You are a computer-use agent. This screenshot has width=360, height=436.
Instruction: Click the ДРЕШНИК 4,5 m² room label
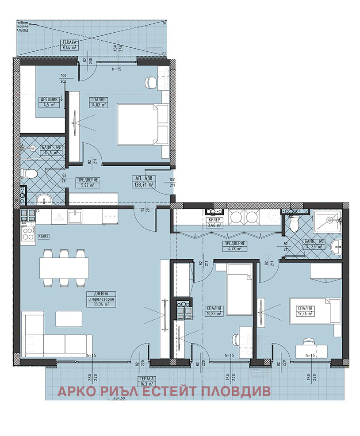[48, 102]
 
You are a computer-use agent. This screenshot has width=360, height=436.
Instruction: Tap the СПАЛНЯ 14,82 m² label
[97, 102]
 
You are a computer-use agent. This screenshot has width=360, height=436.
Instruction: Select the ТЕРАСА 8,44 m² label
[69, 44]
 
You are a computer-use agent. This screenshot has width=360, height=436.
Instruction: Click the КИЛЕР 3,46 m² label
[214, 222]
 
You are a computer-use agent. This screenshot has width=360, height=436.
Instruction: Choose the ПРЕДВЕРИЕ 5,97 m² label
[87, 183]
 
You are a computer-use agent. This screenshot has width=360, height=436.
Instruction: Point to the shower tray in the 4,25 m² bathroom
[327, 221]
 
